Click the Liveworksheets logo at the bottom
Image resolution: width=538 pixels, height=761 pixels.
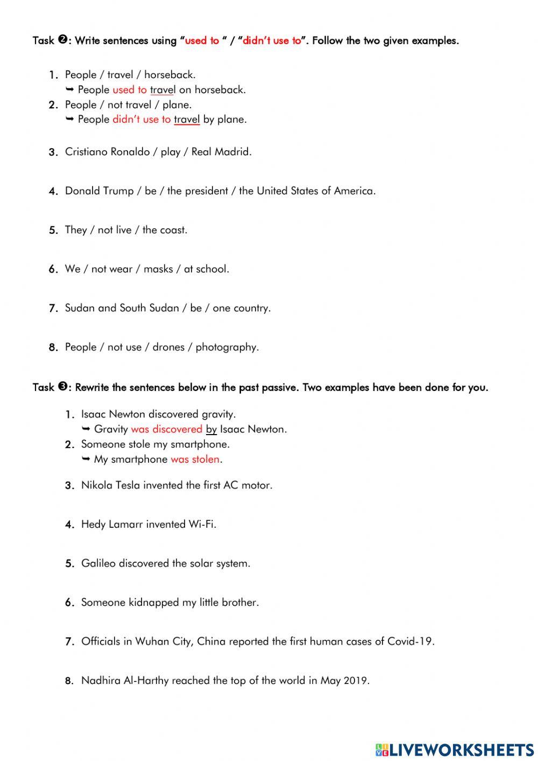coord(455,749)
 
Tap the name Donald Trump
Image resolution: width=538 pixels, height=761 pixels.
coord(99,191)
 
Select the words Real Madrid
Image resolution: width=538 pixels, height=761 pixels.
coord(221,152)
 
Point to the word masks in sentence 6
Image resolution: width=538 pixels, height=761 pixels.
coord(158,269)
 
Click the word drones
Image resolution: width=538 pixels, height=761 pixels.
coord(168,347)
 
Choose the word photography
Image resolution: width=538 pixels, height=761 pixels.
coord(226,347)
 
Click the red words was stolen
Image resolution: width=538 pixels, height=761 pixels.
coord(195,459)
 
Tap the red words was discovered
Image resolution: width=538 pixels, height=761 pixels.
coord(166,429)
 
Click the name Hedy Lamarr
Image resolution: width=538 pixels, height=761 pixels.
coord(111,524)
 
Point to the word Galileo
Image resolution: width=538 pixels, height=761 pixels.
coord(98,563)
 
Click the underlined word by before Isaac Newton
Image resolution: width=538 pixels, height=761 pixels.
coord(211,430)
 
